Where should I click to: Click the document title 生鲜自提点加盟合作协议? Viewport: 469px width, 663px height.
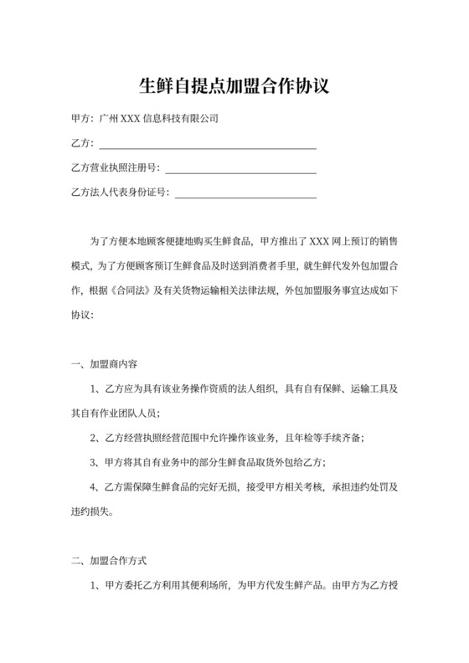coord(234,85)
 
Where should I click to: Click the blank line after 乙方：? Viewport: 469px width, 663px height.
coord(208,146)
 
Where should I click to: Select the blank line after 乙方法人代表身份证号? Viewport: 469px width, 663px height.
coord(245,195)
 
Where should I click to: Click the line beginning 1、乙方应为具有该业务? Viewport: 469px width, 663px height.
coord(243,389)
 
